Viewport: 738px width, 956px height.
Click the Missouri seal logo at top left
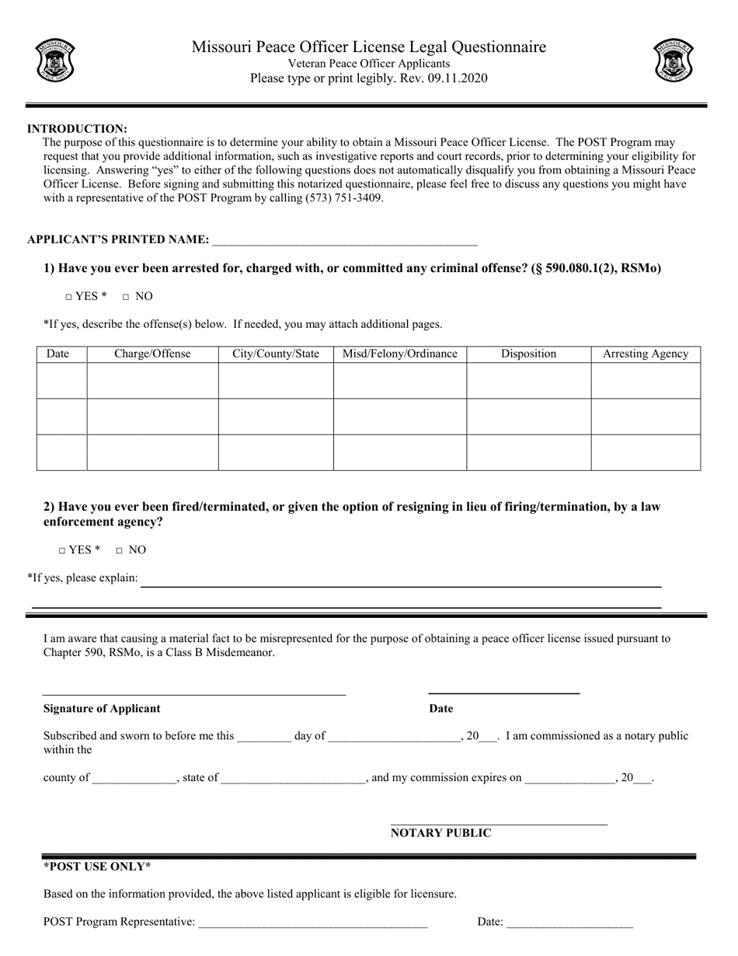[x=55, y=61]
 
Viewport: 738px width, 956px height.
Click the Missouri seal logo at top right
[x=673, y=61]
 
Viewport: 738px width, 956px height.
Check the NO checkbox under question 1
[x=125, y=297]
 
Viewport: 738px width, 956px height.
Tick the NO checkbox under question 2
[x=119, y=550]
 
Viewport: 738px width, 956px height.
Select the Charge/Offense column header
[x=152, y=354]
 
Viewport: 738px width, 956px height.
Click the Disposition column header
[x=528, y=354]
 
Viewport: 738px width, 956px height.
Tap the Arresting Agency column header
[x=646, y=354]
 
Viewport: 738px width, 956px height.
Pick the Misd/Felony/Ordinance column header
[x=400, y=354]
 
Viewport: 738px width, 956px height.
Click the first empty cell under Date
[x=61, y=381]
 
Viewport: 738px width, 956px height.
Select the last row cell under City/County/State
[x=276, y=452]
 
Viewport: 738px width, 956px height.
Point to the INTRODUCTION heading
[x=77, y=129]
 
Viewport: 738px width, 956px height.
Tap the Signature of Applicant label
[x=102, y=709]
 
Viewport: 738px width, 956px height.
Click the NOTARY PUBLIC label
[x=440, y=833]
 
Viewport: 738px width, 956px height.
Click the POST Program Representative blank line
[x=312, y=923]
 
